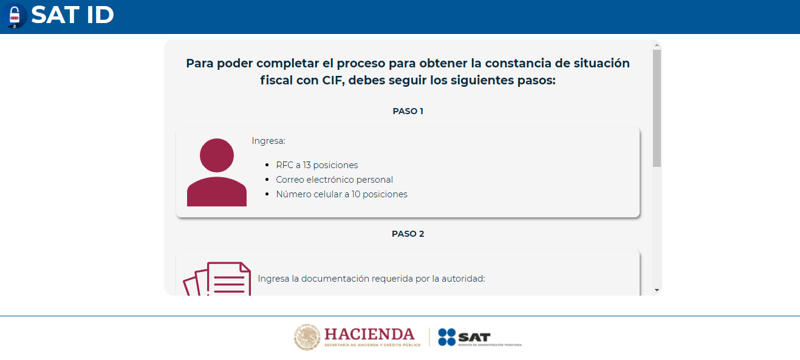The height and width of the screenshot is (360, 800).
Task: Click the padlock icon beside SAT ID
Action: click(15, 16)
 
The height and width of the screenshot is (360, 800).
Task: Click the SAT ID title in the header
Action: click(72, 15)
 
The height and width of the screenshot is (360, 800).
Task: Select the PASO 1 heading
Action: click(408, 111)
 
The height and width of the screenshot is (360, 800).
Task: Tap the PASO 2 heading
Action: click(408, 234)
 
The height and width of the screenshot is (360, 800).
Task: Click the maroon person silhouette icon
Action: click(217, 172)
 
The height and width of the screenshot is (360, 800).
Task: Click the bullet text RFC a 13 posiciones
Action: click(317, 165)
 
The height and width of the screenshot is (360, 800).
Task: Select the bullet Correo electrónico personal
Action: click(334, 180)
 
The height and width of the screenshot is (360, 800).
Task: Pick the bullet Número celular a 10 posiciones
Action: click(341, 194)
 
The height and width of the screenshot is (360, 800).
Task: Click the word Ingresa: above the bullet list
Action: click(268, 141)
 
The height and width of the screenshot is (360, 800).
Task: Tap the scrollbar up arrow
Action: click(657, 45)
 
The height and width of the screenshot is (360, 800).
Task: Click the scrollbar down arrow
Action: click(657, 290)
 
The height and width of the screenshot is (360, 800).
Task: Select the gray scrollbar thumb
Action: click(657, 108)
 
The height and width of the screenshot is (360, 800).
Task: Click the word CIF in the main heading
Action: click(333, 80)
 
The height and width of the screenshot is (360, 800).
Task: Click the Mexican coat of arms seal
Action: click(307, 337)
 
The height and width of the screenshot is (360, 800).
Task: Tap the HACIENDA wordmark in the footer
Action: click(369, 335)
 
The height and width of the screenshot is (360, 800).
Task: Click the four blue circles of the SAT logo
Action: click(447, 337)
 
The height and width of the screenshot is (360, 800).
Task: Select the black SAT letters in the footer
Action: click(474, 337)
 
